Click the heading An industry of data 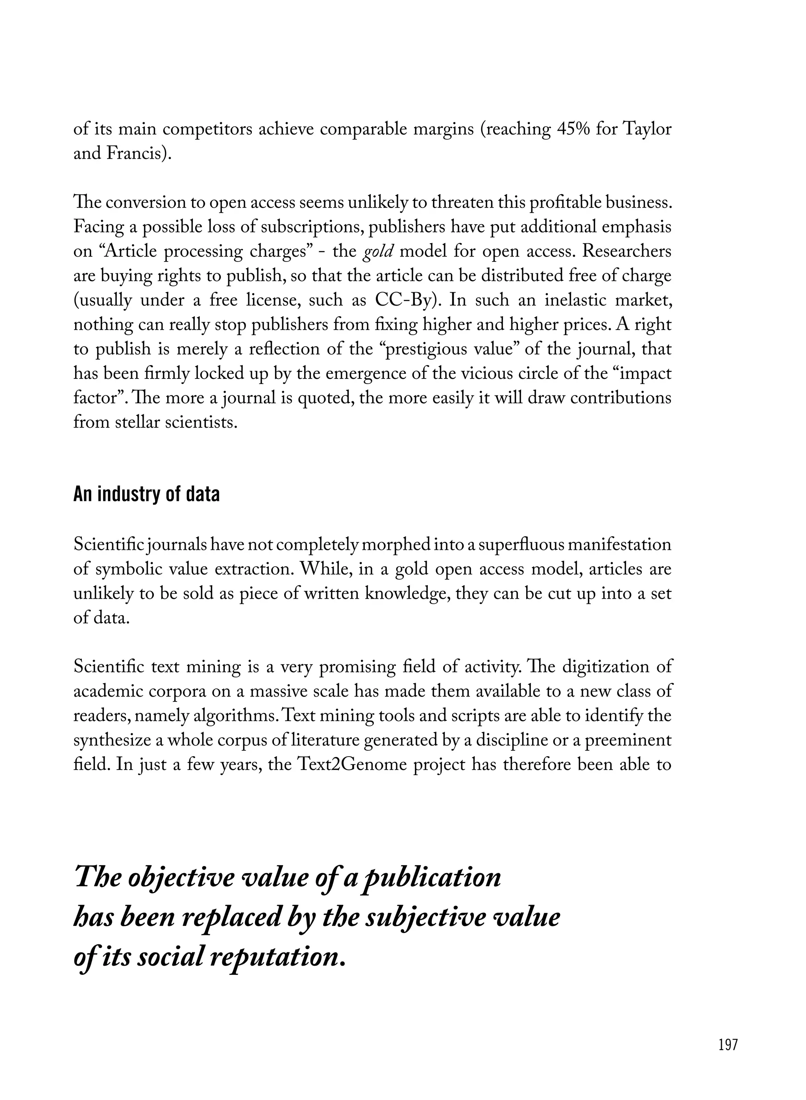tap(146, 495)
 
